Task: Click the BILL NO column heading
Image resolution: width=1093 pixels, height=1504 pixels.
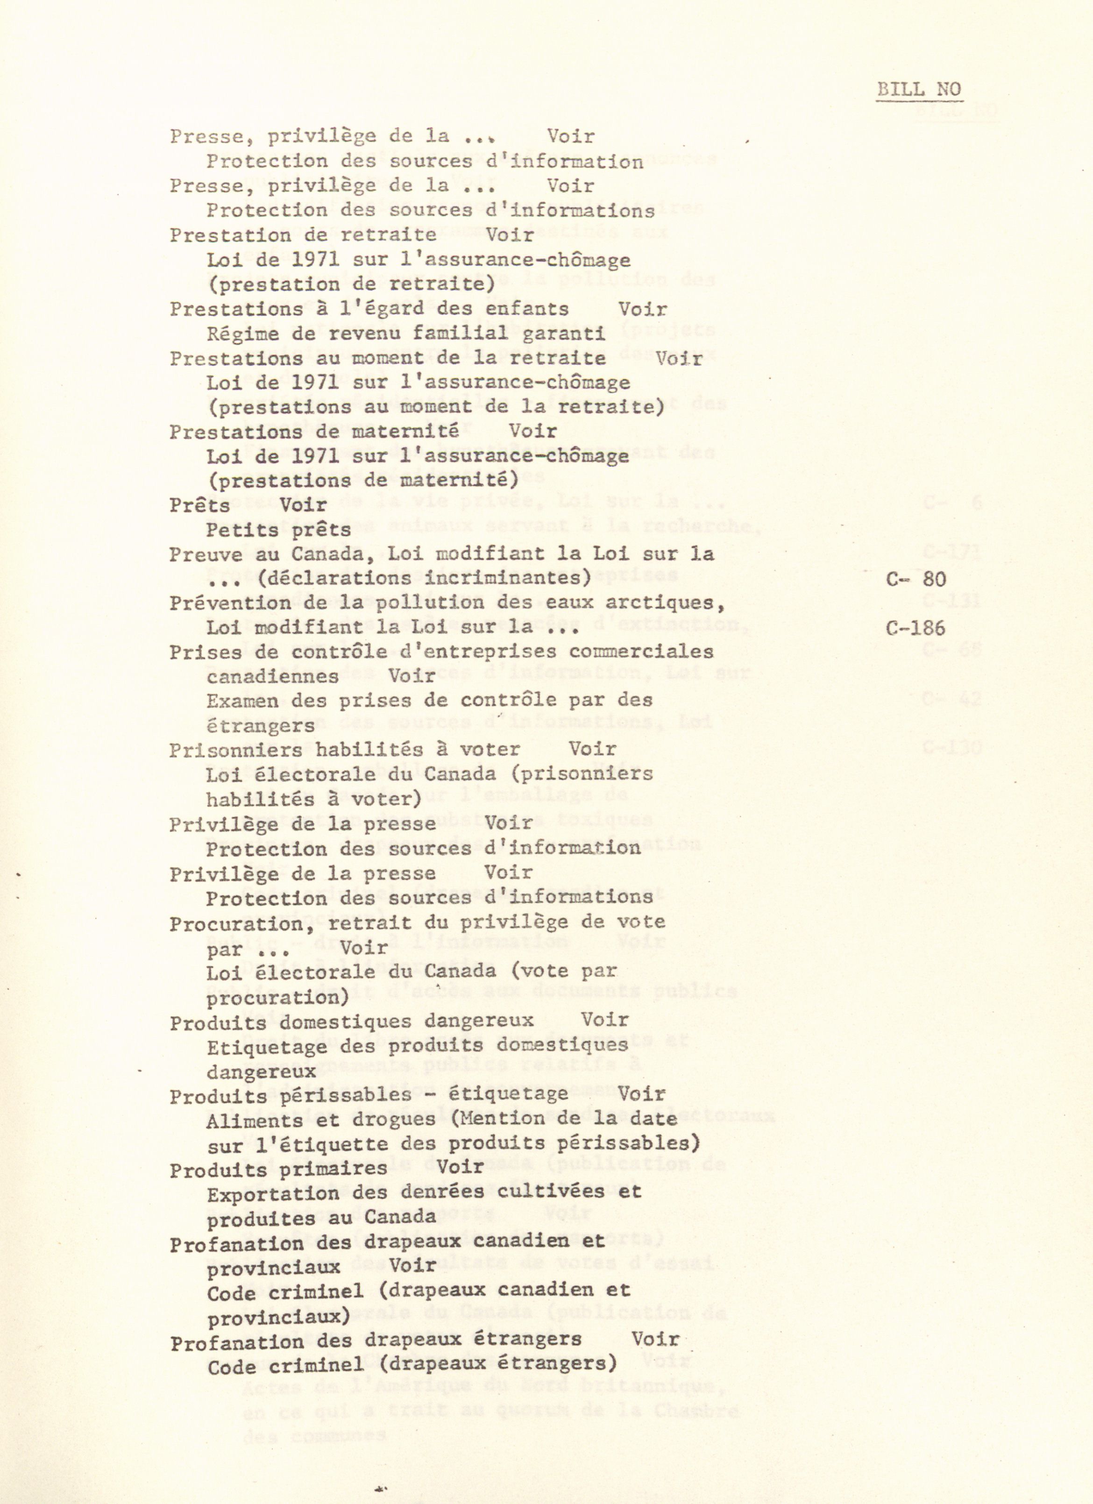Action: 919,90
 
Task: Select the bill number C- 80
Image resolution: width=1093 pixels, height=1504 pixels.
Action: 916,579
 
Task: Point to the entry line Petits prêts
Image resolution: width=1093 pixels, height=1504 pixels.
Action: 278,530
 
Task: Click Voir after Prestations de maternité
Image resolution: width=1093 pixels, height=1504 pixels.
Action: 532,432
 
